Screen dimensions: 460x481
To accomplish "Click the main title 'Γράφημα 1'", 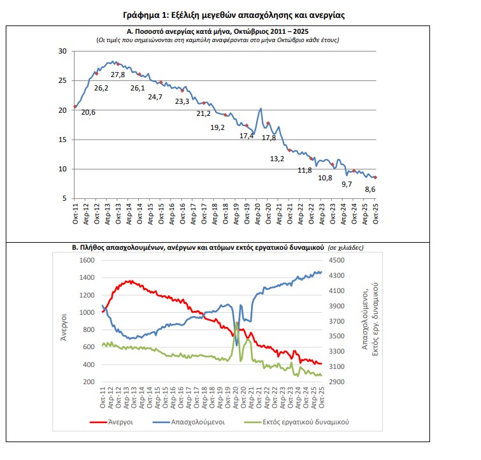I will [236, 14].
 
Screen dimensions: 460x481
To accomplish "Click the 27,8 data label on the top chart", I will [118, 75].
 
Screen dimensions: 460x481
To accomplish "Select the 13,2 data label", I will [276, 159].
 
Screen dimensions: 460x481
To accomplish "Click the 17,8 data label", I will [269, 138].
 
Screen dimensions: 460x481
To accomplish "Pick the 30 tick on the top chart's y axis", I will [62, 51].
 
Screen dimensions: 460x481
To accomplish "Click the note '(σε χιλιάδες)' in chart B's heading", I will [350, 247].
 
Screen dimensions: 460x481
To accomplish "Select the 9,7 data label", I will [347, 183].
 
